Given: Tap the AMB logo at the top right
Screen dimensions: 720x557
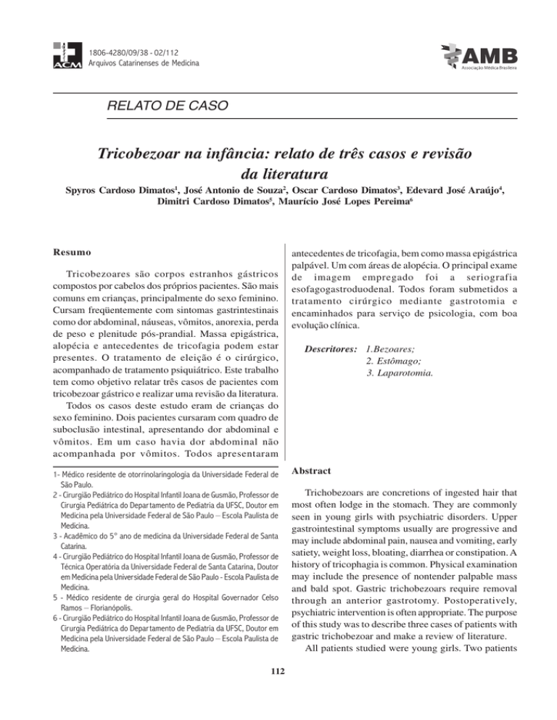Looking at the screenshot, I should click(x=477, y=53).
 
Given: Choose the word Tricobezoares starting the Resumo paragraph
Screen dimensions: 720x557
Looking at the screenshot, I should click(x=86, y=277).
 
